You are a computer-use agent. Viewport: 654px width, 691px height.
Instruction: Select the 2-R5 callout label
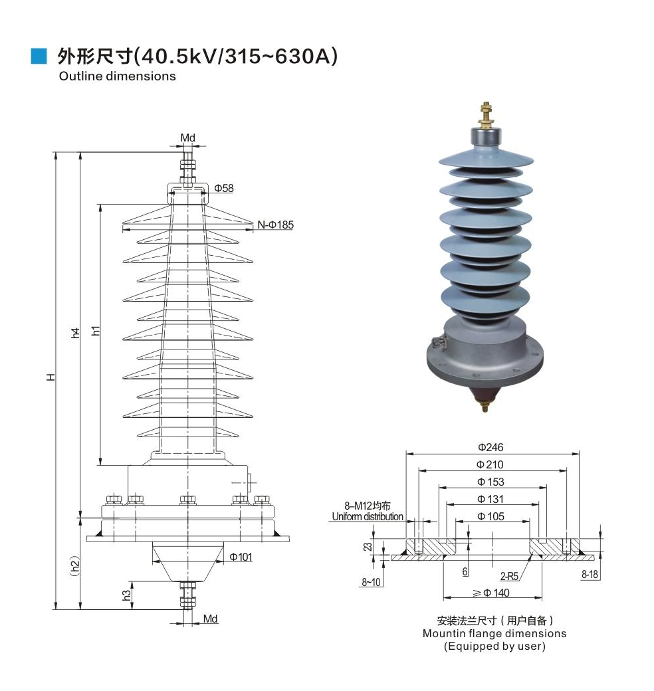[509, 577]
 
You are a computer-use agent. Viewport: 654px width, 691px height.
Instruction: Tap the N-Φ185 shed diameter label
[275, 225]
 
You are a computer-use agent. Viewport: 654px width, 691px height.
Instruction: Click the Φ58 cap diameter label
[224, 189]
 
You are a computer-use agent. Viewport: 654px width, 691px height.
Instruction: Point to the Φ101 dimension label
[241, 557]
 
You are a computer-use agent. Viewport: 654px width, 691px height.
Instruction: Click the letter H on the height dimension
[51, 377]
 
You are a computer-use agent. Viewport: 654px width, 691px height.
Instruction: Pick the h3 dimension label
[126, 595]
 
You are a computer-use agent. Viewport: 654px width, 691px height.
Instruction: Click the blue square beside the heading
[39, 56]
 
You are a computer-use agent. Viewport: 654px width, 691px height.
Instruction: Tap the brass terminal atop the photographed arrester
[485, 116]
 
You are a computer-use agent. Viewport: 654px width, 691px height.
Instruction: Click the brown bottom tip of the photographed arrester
[484, 397]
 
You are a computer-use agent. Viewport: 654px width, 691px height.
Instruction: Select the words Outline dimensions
[117, 76]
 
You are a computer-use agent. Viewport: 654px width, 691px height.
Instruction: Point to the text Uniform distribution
[368, 517]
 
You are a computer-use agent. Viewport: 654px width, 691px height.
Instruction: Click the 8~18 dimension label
[590, 575]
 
